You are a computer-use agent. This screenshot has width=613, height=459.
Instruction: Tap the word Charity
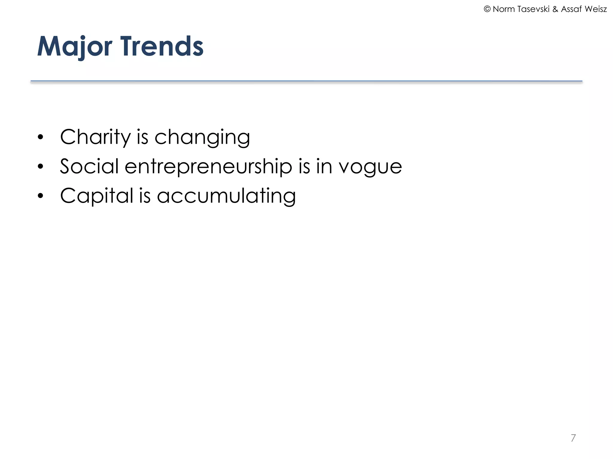tap(95, 137)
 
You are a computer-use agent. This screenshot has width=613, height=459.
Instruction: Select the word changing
tap(202, 137)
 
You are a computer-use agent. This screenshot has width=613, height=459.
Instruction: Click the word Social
tap(89, 166)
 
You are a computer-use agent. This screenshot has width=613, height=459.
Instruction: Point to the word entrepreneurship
tap(208, 166)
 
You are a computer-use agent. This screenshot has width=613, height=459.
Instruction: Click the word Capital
tap(96, 196)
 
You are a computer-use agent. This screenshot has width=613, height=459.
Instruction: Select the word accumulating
tap(226, 196)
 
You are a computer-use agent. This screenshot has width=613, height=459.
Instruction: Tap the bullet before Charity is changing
tap(41, 137)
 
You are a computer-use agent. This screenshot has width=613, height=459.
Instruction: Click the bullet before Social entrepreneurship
tap(41, 167)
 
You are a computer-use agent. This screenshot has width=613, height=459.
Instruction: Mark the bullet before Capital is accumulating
tap(41, 196)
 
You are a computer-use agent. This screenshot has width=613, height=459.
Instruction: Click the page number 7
tap(573, 438)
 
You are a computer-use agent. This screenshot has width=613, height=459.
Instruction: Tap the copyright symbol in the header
tap(487, 9)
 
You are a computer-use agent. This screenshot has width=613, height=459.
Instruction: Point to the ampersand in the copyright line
tap(555, 9)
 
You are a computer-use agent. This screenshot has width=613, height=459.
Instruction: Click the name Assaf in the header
tap(571, 9)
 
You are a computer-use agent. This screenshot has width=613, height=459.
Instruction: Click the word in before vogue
tap(324, 166)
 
